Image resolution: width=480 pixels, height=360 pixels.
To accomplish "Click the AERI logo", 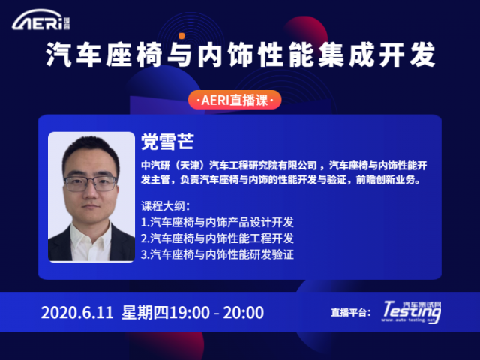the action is (41, 20).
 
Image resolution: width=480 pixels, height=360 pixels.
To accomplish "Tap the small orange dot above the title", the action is (181, 36).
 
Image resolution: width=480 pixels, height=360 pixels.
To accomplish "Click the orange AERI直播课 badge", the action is (235, 100).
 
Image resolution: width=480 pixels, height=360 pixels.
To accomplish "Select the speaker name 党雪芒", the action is (167, 142).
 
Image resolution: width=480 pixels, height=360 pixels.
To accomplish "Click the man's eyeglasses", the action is (91, 183).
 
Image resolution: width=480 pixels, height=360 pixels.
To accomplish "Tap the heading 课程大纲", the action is (165, 206).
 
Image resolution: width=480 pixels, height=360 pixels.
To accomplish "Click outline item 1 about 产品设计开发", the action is (217, 222).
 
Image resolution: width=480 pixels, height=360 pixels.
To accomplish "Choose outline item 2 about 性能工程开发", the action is (217, 238).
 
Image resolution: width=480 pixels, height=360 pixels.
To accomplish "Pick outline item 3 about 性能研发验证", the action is (217, 254).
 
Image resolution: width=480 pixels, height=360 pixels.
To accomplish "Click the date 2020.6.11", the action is (77, 313).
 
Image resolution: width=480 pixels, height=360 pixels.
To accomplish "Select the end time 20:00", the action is (243, 313).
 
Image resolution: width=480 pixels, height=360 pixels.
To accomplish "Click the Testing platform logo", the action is (412, 312).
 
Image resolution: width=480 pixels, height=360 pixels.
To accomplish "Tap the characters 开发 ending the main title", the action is (407, 55).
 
